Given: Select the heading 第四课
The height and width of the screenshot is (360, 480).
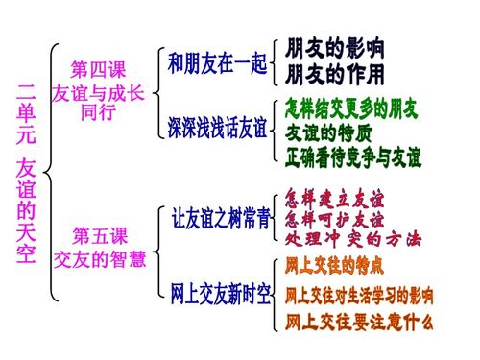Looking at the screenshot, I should pos(98,70).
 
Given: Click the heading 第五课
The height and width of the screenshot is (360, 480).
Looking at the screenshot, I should pos(99,235).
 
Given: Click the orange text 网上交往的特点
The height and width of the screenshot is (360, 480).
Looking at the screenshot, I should pos(335,263).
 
